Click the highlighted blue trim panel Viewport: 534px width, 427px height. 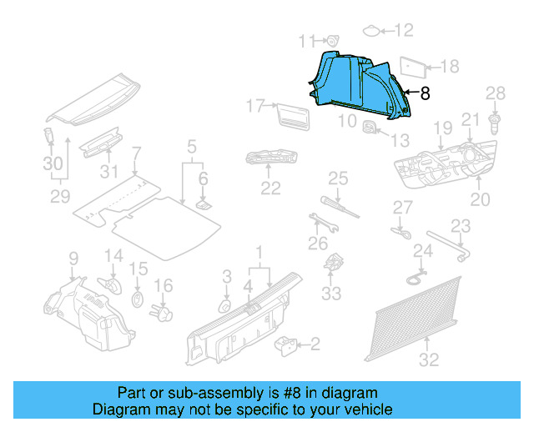(359, 83)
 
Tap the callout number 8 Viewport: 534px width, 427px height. (425, 94)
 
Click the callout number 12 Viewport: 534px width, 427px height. (404, 31)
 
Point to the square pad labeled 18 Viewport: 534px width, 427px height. (412, 65)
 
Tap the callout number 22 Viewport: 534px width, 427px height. (270, 188)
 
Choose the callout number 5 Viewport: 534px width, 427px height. (191, 148)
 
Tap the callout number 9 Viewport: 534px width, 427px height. (73, 258)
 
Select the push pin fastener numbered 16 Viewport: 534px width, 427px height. (162, 312)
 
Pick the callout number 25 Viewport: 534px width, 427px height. (337, 178)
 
